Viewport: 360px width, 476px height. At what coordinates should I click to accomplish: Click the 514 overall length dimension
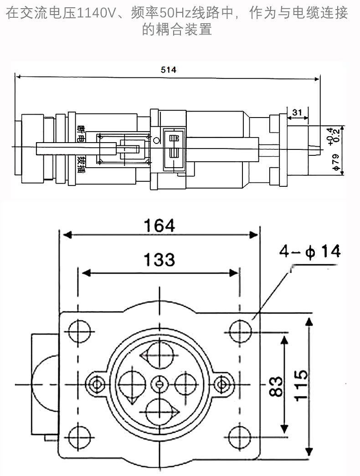pyautogui.click(x=169, y=70)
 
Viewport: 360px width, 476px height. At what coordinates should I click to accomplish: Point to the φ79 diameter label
pyautogui.click(x=336, y=163)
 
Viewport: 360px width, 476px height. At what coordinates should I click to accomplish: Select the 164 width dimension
pyautogui.click(x=159, y=225)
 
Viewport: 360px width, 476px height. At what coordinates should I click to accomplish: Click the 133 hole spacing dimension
pyautogui.click(x=159, y=260)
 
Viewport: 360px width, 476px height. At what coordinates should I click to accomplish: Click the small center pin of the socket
pyautogui.click(x=159, y=384)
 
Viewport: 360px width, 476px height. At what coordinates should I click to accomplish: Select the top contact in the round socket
pyautogui.click(x=159, y=354)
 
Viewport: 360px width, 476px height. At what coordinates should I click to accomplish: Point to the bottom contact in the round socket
pyautogui.click(x=159, y=411)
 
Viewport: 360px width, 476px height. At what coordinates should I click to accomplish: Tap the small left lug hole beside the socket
pyautogui.click(x=97, y=384)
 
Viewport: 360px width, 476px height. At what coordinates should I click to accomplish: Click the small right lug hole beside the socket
pyautogui.click(x=222, y=384)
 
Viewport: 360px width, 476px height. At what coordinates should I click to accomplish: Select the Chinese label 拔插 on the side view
pyautogui.click(x=81, y=165)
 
